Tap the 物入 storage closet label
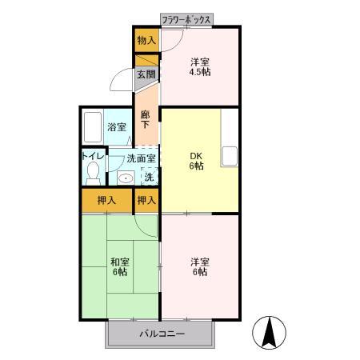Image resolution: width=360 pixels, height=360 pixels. click(x=146, y=40)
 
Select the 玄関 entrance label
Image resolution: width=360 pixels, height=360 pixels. click(x=145, y=74)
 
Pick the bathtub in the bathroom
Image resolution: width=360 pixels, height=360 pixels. click(x=92, y=126)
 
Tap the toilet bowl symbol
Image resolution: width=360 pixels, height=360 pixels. click(x=93, y=171)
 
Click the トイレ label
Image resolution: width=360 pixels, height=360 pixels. click(x=93, y=157)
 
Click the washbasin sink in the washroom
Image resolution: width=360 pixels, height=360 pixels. click(x=125, y=177)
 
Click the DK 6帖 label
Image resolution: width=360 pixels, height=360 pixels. click(x=197, y=161)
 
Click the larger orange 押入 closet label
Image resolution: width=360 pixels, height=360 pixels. click(x=106, y=199)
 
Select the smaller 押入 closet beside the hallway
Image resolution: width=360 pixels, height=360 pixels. click(x=146, y=199)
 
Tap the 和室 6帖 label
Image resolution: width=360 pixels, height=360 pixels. click(x=118, y=266)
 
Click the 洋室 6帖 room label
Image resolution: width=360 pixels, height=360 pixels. click(x=199, y=266)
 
